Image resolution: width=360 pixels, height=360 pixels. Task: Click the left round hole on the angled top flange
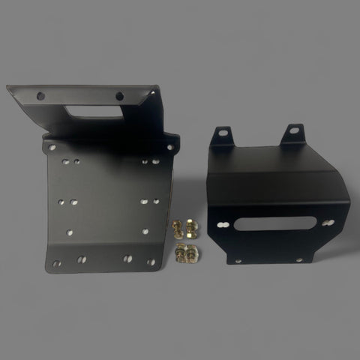coord(40,94)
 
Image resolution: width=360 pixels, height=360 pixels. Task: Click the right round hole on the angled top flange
coord(118,95)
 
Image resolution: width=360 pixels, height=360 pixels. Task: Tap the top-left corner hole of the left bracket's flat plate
coord(52,148)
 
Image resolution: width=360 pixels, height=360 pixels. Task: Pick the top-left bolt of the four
coord(178,226)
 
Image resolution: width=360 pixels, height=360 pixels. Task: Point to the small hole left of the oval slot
coord(223,224)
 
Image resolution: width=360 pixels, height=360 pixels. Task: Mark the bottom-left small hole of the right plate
coord(238,260)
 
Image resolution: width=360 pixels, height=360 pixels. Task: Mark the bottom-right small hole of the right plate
coord(301,259)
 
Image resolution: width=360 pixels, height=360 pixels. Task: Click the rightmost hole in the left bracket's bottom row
coord(152,262)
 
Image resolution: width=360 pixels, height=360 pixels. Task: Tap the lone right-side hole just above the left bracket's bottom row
coord(145,232)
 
